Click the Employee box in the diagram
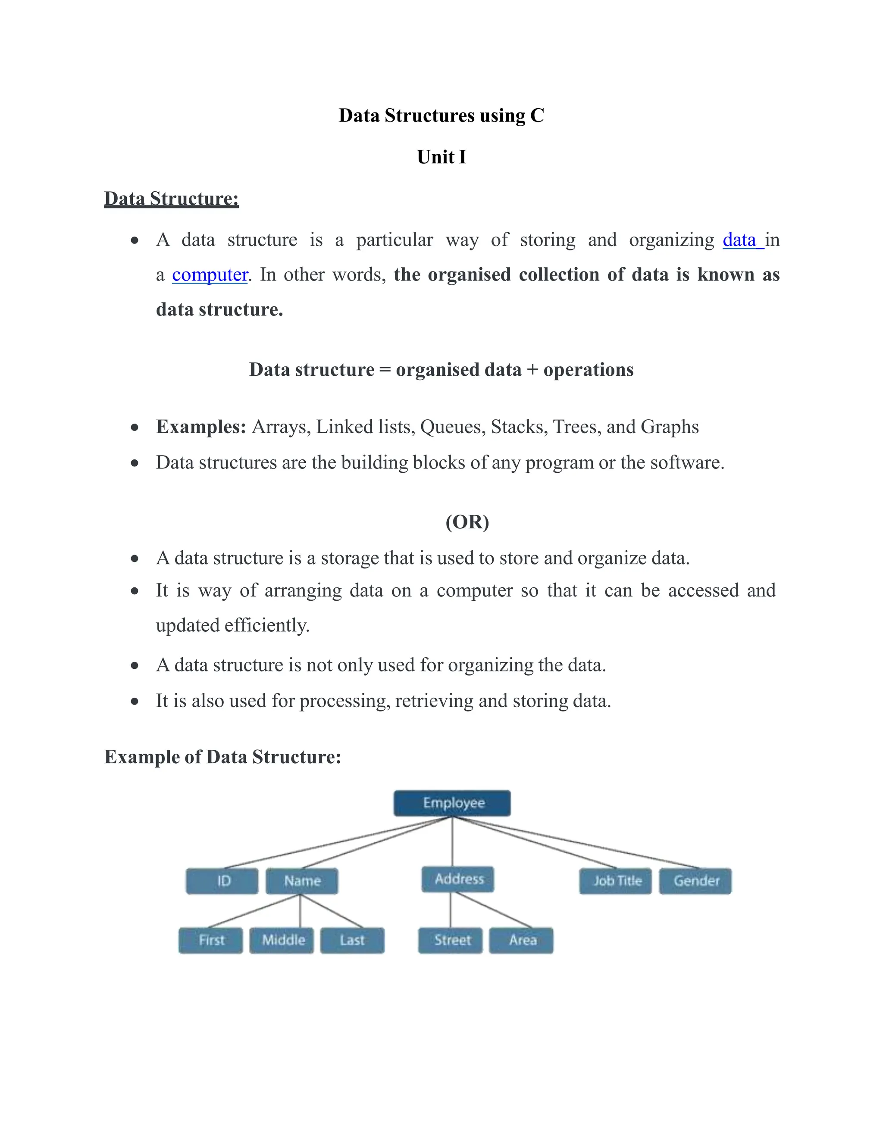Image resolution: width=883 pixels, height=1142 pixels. point(452,803)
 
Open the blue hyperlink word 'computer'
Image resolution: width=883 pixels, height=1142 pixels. point(210,275)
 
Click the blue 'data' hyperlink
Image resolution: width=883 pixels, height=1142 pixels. point(740,240)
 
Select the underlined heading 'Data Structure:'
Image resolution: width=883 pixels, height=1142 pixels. point(172,199)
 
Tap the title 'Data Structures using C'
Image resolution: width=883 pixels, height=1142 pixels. point(441,115)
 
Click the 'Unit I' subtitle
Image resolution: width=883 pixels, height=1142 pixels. point(441,157)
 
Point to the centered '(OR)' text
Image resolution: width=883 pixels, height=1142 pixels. point(467,522)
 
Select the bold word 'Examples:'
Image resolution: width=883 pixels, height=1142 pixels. point(201,427)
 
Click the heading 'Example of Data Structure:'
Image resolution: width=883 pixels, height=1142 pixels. point(223,757)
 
